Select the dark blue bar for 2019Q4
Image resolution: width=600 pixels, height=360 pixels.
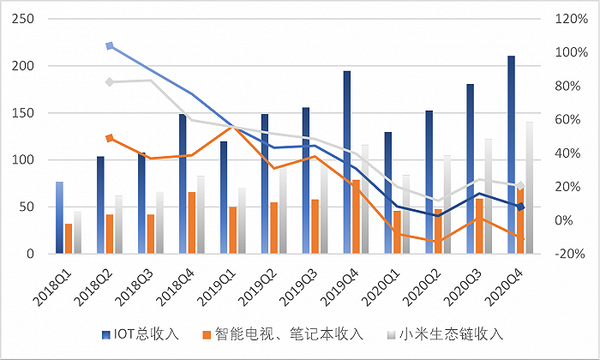(347, 162)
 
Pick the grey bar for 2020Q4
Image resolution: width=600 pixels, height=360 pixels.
(530, 188)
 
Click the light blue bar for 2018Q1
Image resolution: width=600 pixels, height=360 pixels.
(60, 218)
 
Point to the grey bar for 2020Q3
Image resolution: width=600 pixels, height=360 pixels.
(489, 196)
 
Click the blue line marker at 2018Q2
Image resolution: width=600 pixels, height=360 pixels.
(110, 46)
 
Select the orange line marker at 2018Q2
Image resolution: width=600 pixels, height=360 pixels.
(110, 138)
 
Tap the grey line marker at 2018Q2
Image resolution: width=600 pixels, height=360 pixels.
(110, 82)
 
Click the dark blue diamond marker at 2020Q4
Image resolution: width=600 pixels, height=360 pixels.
(520, 207)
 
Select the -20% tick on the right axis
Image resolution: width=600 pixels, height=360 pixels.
(570, 255)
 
